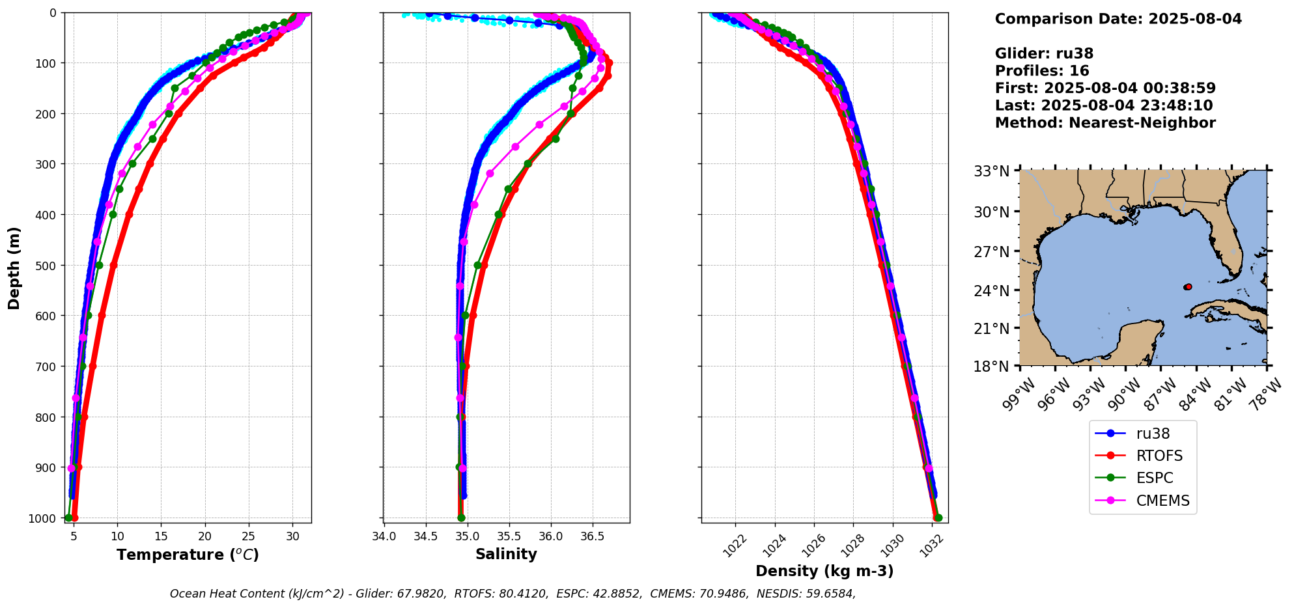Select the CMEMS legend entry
(x=1162, y=501)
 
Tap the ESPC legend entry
(x=1155, y=478)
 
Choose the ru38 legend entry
(x=1153, y=434)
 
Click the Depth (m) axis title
(x=14, y=268)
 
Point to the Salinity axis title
(x=506, y=555)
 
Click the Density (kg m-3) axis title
(x=824, y=572)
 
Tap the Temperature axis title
(x=188, y=555)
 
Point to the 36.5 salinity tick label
(x=592, y=536)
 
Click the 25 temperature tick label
(x=249, y=536)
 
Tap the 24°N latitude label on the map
(x=991, y=290)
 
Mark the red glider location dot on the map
(x=1188, y=286)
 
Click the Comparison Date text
(x=1118, y=19)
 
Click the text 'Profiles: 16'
(x=1042, y=71)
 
